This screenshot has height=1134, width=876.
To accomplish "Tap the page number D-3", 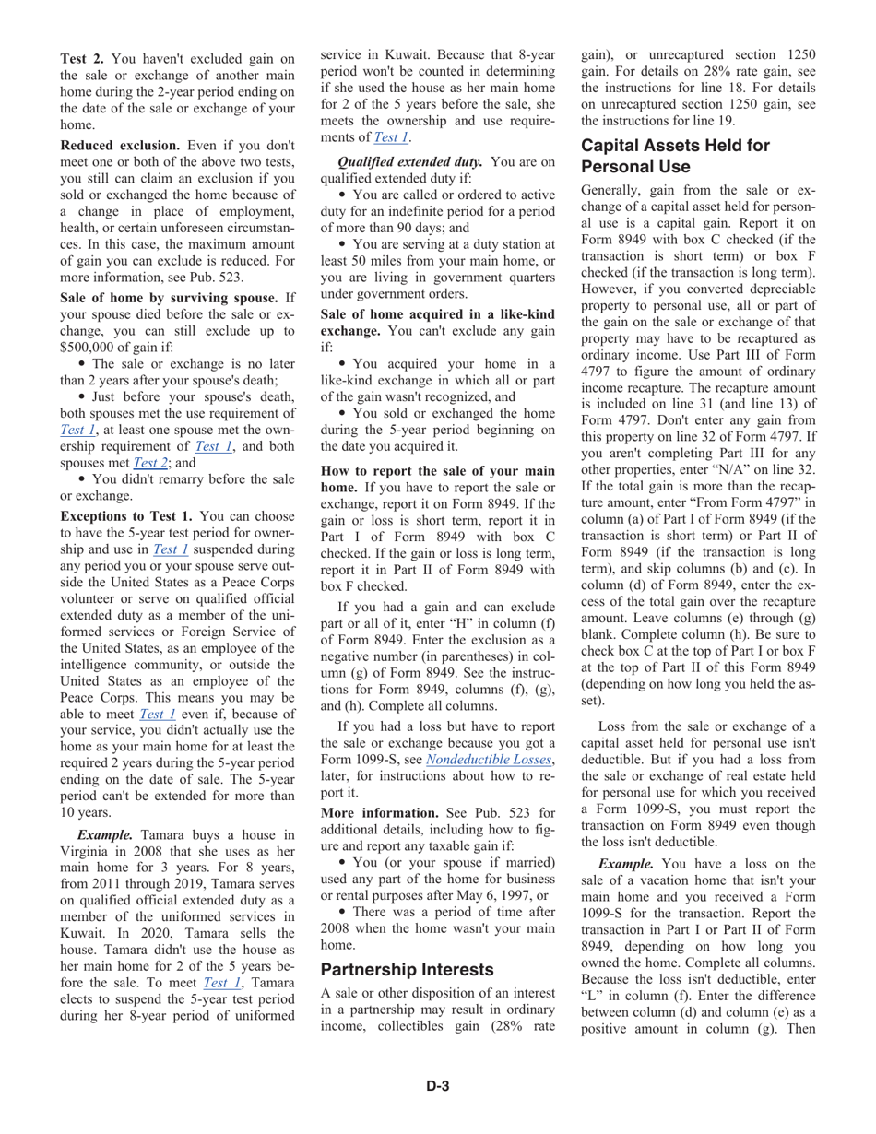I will tap(437, 1086).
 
